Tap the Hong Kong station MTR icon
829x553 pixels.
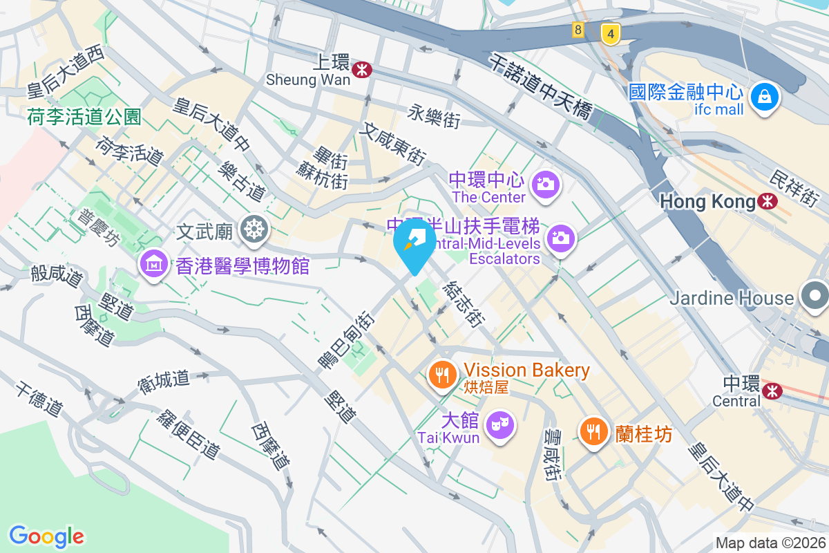(x=766, y=201)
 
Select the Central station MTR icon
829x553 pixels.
(x=772, y=391)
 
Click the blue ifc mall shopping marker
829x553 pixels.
(x=765, y=97)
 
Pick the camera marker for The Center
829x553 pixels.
(x=546, y=184)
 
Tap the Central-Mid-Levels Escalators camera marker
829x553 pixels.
(x=560, y=238)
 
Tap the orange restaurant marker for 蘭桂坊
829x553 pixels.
(x=593, y=431)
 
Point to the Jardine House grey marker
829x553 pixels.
(x=815, y=296)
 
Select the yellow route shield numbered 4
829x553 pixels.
(x=609, y=32)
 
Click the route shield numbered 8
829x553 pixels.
(x=578, y=30)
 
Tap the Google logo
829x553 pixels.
(x=46, y=536)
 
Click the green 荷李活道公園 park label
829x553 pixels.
(x=84, y=117)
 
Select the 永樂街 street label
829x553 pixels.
(x=434, y=115)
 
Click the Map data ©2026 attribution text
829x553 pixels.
(x=770, y=543)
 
